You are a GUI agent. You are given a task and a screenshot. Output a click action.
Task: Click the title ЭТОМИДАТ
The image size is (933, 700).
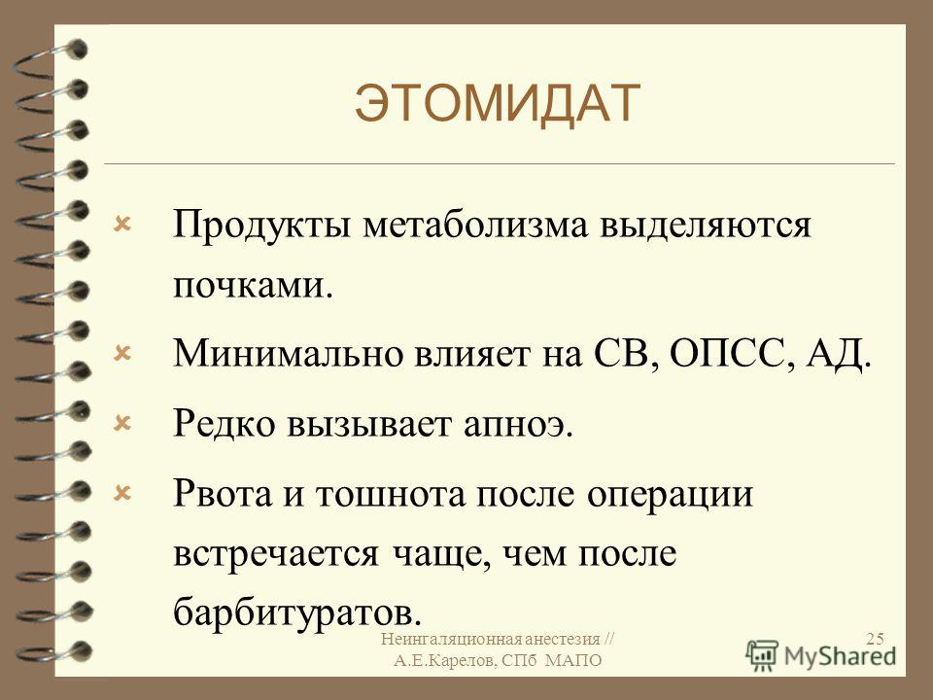[498, 104]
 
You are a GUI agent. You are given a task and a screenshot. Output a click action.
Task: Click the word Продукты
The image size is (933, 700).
[261, 227]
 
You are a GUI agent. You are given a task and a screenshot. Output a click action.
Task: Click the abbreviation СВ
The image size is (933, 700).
[625, 353]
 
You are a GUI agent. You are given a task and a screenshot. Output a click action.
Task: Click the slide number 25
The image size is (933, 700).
[875, 640]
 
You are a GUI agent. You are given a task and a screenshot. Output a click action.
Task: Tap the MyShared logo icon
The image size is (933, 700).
[762, 654]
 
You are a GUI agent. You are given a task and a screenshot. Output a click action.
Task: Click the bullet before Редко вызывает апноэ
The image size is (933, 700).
[122, 423]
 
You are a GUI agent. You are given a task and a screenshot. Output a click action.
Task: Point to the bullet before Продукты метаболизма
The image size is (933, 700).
[122, 225]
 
